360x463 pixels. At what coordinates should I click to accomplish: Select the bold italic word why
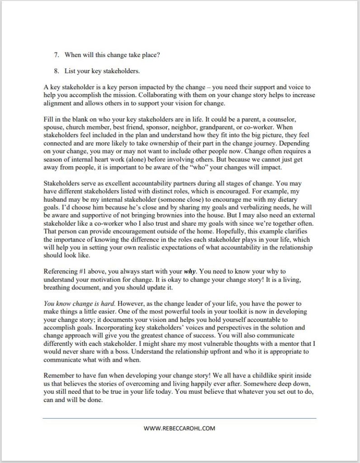click(x=189, y=272)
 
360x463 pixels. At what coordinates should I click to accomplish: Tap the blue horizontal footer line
click(x=180, y=418)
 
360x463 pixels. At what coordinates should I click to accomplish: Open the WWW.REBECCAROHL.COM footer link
click(x=180, y=428)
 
